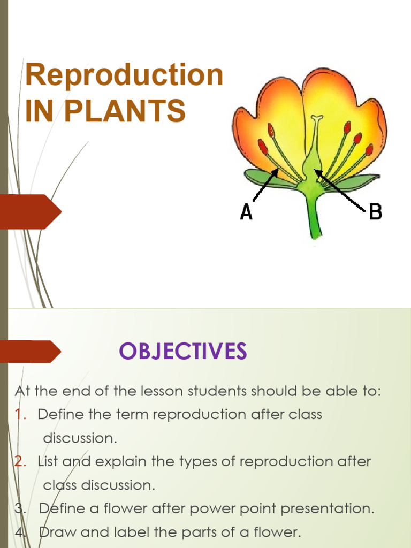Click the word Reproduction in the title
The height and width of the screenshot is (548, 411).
(124, 76)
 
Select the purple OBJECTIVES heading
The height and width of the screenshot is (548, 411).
(182, 352)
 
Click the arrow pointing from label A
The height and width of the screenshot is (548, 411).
(264, 186)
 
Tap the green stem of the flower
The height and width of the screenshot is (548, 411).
(314, 217)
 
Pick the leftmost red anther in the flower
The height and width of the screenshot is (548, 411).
(263, 146)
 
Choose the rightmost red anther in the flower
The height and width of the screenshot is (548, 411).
(369, 149)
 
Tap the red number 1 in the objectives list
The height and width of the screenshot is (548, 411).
(19, 415)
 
